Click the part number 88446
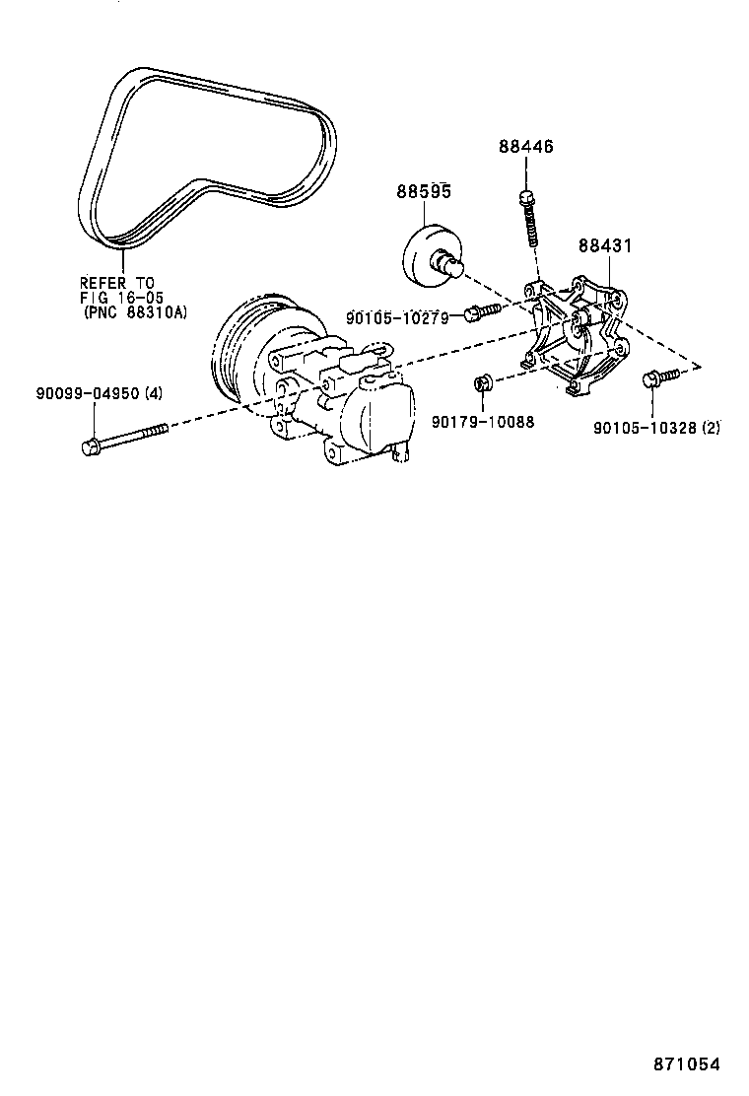525,146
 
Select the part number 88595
424,191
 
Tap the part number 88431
604,245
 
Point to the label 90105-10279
397,316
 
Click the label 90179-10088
483,422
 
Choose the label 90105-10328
645,428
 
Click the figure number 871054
686,1064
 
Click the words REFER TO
116,283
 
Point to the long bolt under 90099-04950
123,438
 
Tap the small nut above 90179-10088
482,382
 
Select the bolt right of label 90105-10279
482,312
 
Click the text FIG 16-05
121,298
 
